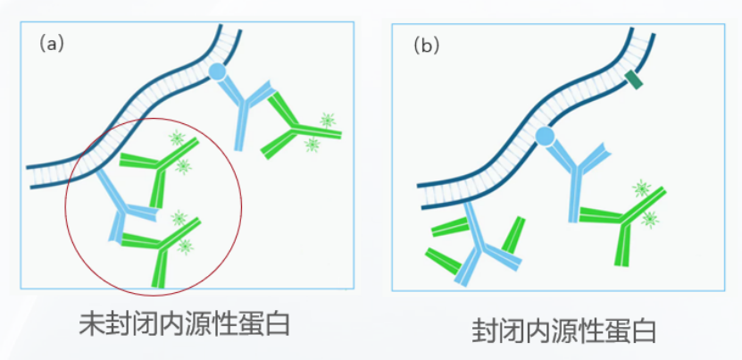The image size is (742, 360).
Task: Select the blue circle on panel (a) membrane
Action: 217,71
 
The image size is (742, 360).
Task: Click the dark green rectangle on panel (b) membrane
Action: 635,80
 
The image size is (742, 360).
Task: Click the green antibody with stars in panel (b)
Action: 625,219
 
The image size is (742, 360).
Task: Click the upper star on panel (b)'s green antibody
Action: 641,188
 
